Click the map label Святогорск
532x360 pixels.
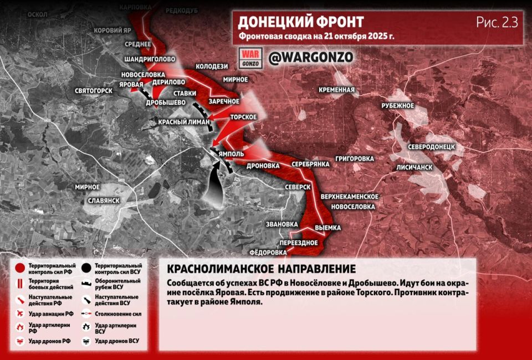94,90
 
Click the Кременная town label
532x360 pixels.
336,90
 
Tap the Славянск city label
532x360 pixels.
104,200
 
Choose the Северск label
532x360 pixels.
298,187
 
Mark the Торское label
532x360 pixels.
243,117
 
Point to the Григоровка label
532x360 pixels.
355,158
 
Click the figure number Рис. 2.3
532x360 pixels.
497,23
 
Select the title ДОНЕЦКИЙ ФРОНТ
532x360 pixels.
301,22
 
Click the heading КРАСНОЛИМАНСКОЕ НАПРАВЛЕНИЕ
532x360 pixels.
261,269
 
